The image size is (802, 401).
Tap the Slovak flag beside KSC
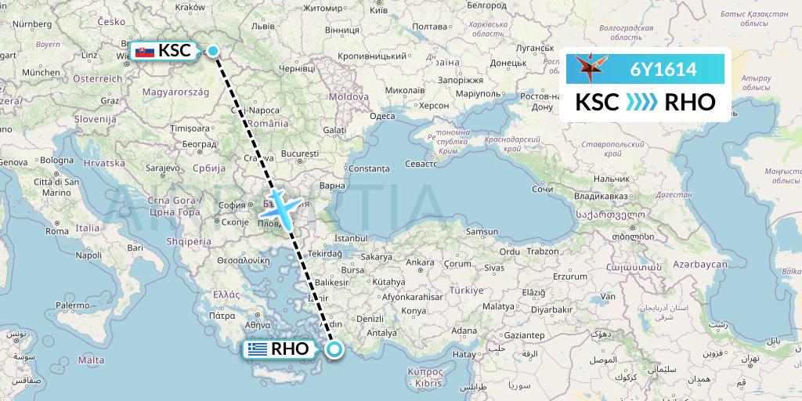tap(144, 52)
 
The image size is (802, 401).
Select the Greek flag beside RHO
tap(256, 349)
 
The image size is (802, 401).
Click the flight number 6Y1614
tap(663, 70)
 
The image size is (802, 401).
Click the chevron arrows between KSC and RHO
tap(642, 103)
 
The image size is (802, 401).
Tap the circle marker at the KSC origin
tap(213, 52)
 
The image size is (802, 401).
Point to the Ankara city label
tap(420, 262)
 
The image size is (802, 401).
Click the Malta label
tap(91, 359)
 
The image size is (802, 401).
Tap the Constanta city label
tap(367, 168)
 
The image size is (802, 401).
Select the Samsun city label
tap(482, 232)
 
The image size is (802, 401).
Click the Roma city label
tap(57, 231)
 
